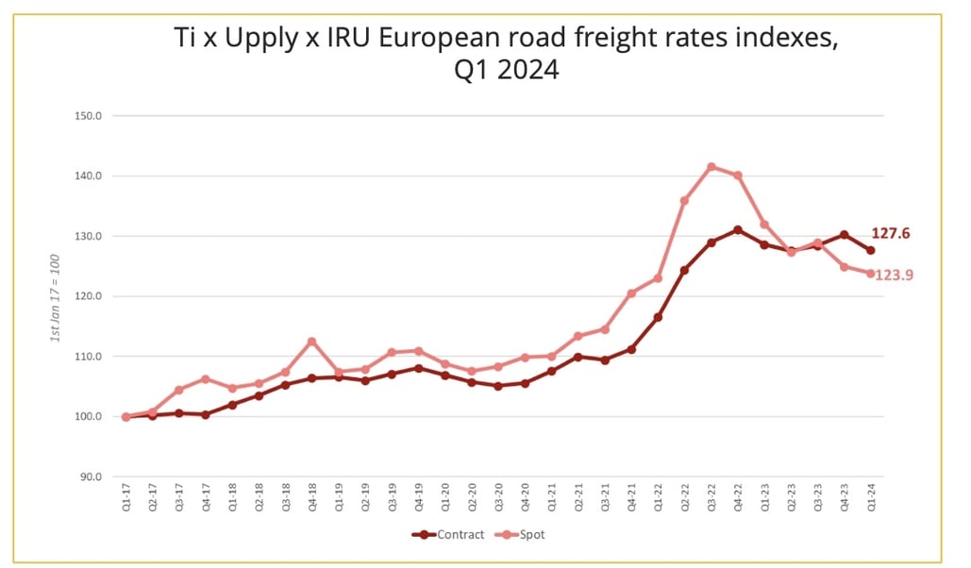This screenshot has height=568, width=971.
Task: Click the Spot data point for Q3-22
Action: click(712, 167)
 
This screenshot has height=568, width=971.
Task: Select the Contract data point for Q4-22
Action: click(738, 229)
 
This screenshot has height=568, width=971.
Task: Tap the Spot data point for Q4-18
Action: click(311, 342)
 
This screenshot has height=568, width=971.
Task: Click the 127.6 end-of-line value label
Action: click(890, 234)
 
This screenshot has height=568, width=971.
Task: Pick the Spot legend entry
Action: click(525, 535)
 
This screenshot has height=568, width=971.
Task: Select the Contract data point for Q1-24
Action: click(870, 250)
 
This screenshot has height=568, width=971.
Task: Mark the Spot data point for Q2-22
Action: click(684, 201)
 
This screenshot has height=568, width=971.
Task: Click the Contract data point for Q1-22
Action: click(658, 317)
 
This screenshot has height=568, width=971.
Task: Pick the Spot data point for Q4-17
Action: click(205, 379)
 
